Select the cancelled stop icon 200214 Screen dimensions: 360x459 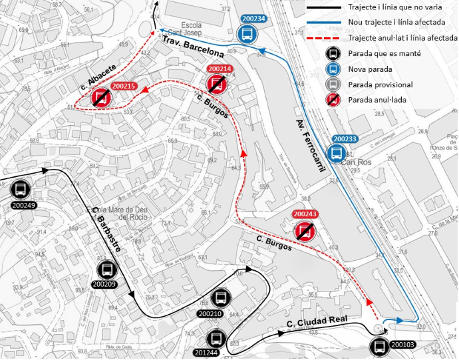217,83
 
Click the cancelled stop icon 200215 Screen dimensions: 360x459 101,99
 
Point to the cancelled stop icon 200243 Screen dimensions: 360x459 305,230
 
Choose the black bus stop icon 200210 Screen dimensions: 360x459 220,299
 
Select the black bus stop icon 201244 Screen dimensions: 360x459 215,338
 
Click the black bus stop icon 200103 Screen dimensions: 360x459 380,346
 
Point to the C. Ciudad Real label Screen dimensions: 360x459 317,322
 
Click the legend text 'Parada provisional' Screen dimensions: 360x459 380,85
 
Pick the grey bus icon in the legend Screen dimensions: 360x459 333,85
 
